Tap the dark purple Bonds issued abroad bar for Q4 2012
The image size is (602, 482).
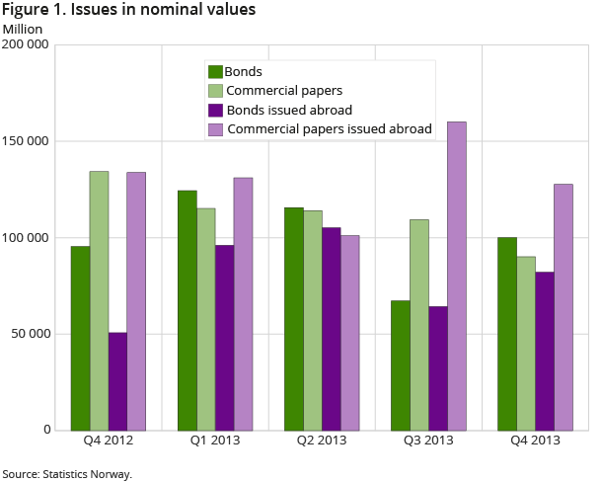point(117,381)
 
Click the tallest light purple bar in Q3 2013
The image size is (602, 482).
point(457,276)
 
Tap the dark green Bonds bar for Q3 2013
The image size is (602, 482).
point(401,365)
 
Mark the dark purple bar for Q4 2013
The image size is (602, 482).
point(544,351)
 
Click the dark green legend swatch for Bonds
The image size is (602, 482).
point(215,71)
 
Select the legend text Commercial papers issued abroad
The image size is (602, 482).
point(330,128)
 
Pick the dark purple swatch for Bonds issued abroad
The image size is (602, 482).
point(215,110)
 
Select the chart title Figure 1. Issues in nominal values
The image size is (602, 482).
point(129,10)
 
